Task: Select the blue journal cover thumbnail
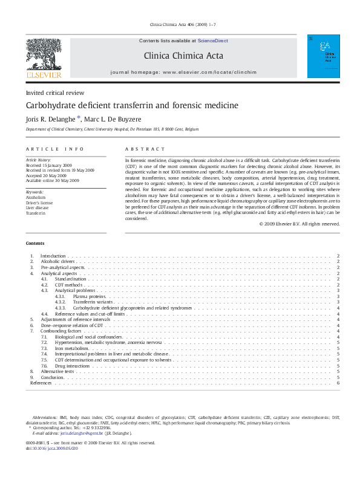[323, 56]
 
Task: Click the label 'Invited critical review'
[54, 92]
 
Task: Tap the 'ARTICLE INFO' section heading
[54, 149]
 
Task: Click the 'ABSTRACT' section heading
[145, 149]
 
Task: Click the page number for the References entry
[338, 383]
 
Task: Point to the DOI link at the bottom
[54, 448]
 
